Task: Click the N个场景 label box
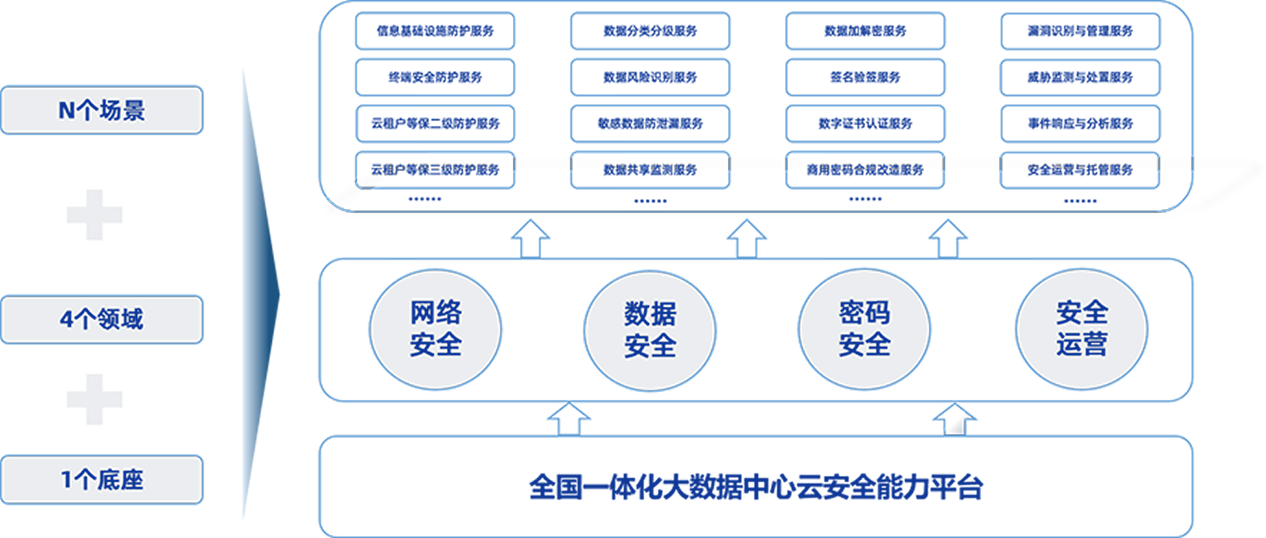pos(102,111)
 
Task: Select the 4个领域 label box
pos(102,319)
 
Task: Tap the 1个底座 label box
pos(102,480)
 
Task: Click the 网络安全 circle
pos(435,329)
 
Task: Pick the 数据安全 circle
pos(650,331)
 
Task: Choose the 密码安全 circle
pos(864,329)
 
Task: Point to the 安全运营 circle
pos(1082,329)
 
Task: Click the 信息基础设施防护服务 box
pos(435,31)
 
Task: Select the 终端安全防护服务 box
pos(435,77)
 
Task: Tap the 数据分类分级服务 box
pos(650,31)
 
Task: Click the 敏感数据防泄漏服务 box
pos(650,123)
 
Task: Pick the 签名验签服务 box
pos(865,77)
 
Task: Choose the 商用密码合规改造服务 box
pos(865,170)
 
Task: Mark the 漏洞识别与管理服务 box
pos(1081,31)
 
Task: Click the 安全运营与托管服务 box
pos(1081,170)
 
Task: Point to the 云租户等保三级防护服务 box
pos(435,170)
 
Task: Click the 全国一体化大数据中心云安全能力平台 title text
pos(756,487)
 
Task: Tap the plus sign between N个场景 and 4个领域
pos(94,215)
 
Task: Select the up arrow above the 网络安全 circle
pos(530,239)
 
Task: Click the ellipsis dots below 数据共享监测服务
pos(651,201)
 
